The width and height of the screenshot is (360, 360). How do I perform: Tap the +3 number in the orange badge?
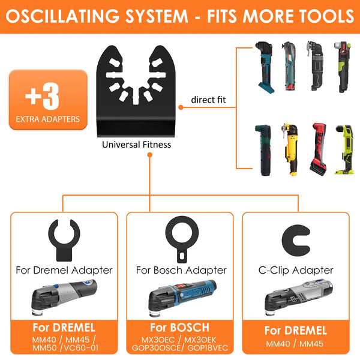tap(42, 96)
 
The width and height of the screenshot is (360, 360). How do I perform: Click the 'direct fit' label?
tap(208, 100)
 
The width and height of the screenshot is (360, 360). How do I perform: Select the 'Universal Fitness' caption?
tap(136, 145)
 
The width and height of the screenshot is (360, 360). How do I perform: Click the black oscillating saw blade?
tap(136, 91)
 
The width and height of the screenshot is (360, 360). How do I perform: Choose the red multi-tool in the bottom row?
tap(318, 149)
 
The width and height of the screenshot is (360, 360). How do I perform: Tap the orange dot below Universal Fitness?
tap(149, 155)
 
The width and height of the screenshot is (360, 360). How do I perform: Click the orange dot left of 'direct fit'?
tap(181, 107)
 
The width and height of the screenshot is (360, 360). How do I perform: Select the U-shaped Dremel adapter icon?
tap(64, 240)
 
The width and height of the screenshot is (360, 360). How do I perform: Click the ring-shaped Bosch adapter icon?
tap(182, 239)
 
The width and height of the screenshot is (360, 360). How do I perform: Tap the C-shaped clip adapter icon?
tap(296, 241)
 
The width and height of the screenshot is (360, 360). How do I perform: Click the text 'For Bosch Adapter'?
tap(181, 270)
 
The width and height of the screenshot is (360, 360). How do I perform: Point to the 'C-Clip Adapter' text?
tap(296, 270)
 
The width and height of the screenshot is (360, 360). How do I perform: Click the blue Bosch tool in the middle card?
tap(182, 298)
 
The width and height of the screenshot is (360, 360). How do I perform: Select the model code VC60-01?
tap(81, 348)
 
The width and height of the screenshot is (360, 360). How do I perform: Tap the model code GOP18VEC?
tap(208, 348)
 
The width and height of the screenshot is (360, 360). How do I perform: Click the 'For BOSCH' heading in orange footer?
tap(179, 328)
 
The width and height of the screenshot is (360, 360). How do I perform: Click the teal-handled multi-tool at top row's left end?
tap(265, 67)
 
